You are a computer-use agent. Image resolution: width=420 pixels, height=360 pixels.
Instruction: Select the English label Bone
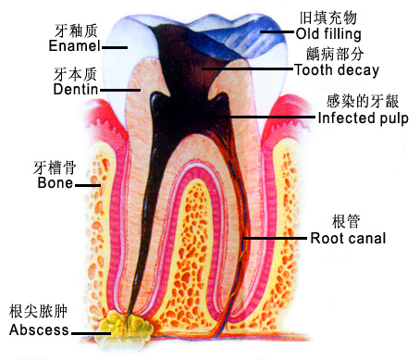pos(55,183)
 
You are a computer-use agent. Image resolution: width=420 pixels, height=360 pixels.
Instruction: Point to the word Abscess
pos(38,330)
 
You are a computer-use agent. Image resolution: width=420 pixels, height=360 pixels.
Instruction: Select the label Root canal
pos(347,238)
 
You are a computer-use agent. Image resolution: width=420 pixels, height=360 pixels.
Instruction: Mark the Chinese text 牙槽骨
pos(55,168)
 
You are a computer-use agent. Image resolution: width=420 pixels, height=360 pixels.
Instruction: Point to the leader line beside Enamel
pos(115,45)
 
